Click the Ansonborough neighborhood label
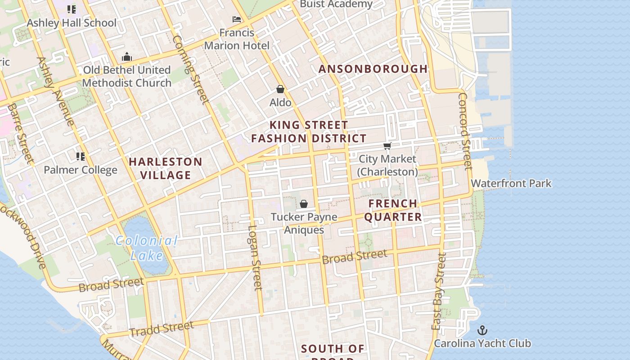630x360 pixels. point(373,69)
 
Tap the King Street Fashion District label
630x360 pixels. point(309,131)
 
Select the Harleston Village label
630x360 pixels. point(166,168)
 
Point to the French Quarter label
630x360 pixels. point(393,210)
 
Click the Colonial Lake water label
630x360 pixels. point(147,248)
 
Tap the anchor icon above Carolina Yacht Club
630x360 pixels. point(482,330)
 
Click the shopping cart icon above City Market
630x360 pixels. point(387,146)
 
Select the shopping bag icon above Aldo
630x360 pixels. point(280,89)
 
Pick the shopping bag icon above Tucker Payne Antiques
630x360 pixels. point(304,204)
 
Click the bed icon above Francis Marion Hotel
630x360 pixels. point(237,19)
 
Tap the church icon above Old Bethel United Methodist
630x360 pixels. point(127,57)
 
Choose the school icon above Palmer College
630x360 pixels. point(81,157)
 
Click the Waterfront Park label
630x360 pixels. point(511,184)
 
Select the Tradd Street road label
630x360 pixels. point(161,328)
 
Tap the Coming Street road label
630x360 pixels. point(191,69)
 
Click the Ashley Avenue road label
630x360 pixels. point(55,91)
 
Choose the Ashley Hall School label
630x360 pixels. point(72,23)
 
